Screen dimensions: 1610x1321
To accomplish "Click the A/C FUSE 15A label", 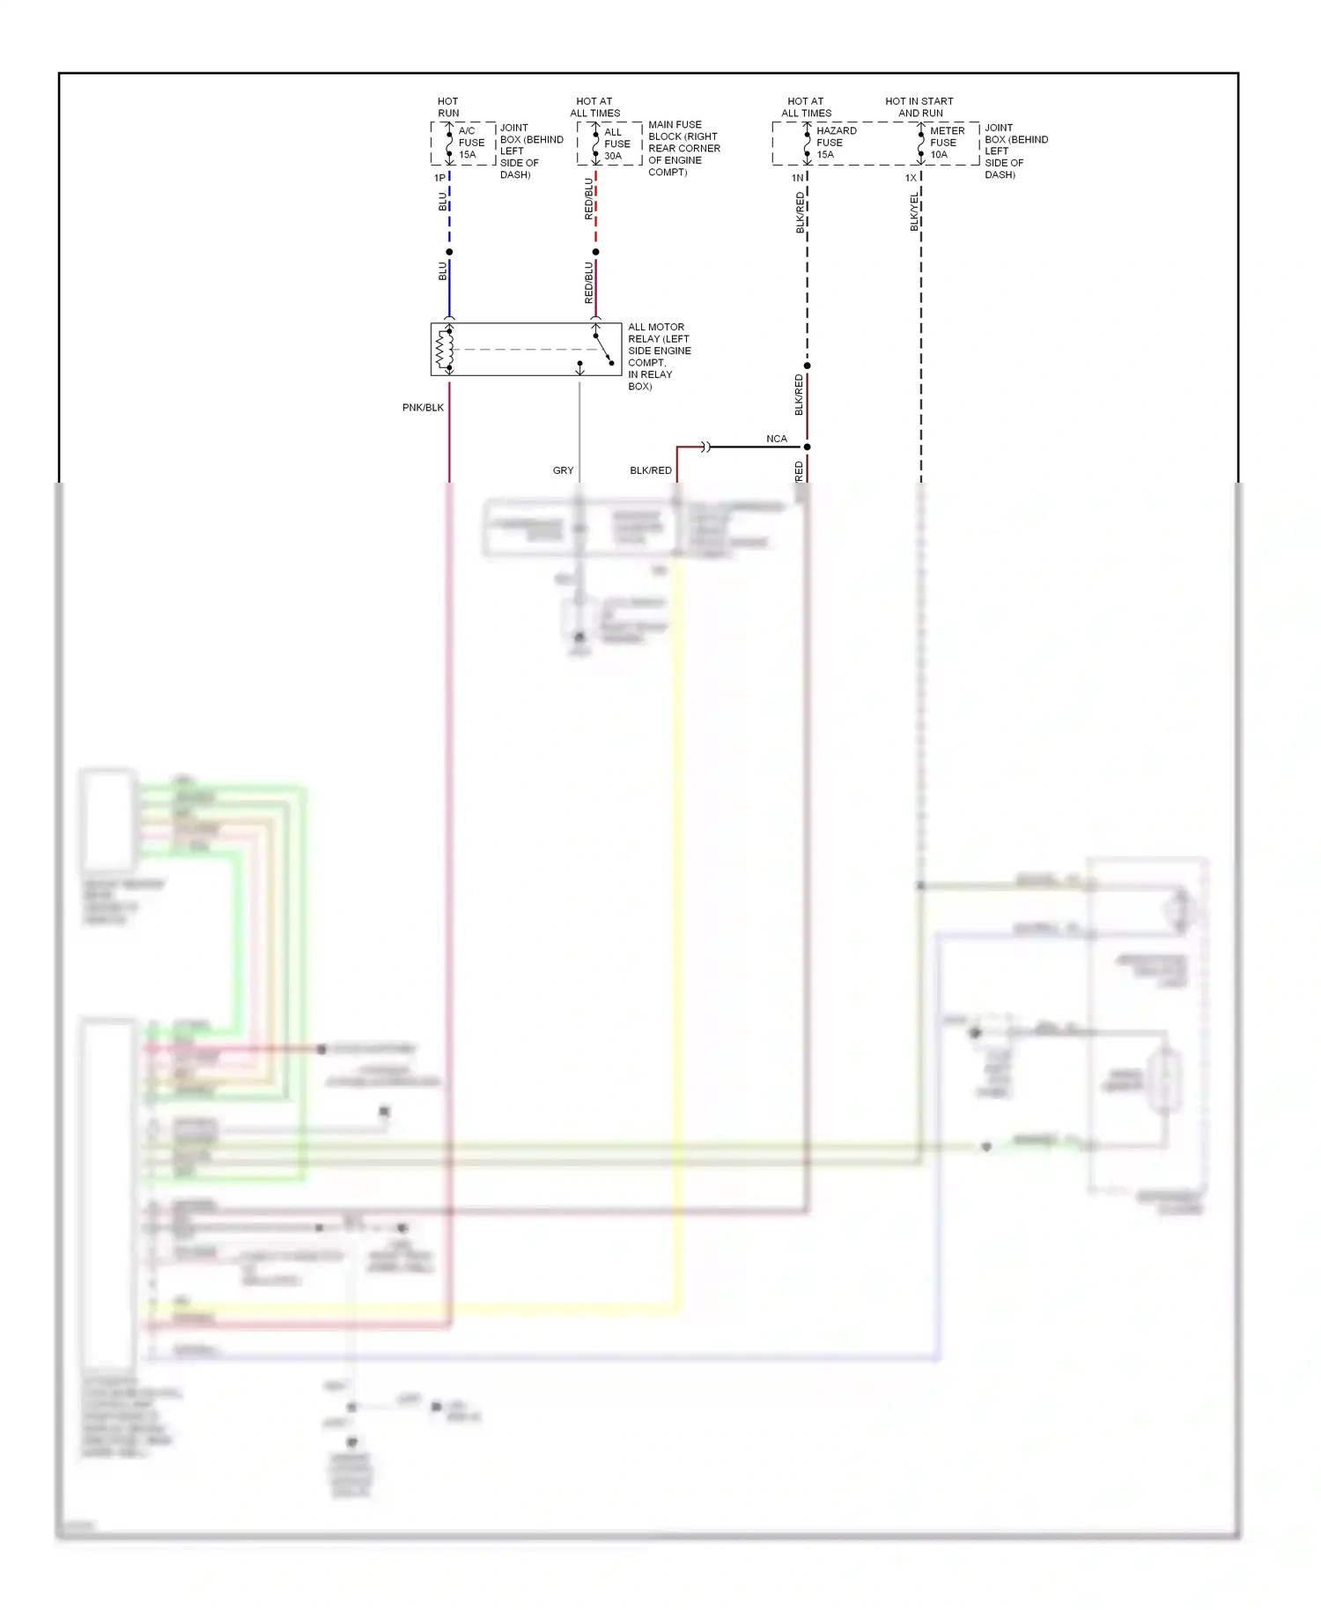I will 471,143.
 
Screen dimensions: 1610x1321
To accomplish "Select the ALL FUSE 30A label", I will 616,144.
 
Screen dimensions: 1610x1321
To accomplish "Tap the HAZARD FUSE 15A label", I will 836,143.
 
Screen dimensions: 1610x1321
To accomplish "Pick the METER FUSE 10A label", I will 947,143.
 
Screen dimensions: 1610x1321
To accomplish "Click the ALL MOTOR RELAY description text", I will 659,356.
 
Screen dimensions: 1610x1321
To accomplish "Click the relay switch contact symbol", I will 603,348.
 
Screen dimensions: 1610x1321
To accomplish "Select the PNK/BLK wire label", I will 423,408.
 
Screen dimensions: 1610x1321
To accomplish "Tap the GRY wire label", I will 563,470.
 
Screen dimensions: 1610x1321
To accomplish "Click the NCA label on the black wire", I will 776,439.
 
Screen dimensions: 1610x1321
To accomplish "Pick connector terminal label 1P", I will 439,178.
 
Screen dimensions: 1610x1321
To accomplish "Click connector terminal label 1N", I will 797,178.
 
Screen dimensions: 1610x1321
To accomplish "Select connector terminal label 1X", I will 911,178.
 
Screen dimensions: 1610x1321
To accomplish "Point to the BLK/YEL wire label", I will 914,213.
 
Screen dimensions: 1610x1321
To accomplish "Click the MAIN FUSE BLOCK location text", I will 683,148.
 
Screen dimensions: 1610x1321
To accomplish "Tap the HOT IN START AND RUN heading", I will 919,107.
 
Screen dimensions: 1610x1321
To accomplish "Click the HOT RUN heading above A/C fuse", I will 448,107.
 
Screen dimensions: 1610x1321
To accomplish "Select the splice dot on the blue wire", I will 449,252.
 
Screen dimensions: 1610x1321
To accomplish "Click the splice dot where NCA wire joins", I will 807,447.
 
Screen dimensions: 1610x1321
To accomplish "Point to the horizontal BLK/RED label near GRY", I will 651,470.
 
